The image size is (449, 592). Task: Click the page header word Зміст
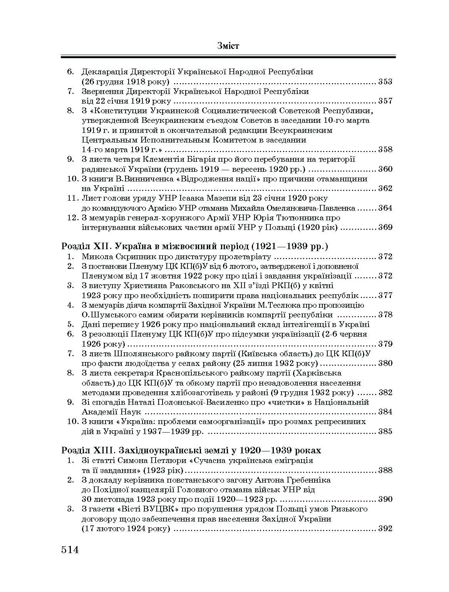228,46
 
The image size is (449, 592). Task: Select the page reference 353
385,82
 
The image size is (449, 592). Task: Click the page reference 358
385,150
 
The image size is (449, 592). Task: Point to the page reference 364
385,208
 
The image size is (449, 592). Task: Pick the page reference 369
385,228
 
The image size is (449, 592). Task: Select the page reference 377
385,296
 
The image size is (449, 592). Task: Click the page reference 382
385,393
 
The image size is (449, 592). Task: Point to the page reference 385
385,431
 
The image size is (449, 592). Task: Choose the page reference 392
385,528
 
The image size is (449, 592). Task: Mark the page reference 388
385,470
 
